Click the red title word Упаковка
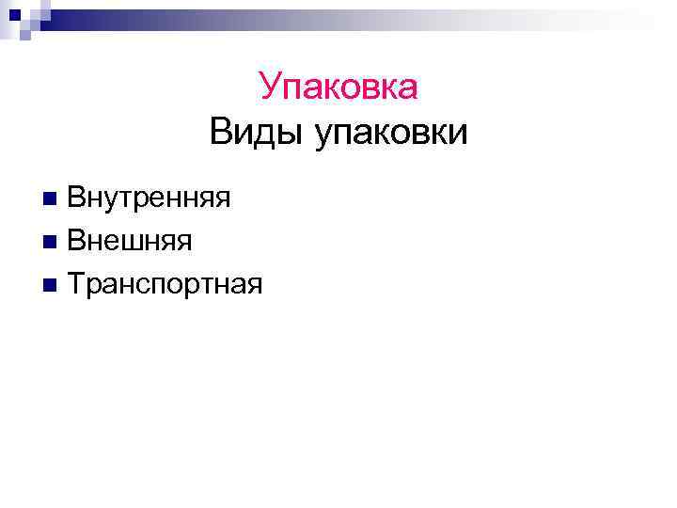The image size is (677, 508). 338,87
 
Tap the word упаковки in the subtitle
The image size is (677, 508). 391,132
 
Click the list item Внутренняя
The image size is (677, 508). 149,198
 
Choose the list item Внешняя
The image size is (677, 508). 130,241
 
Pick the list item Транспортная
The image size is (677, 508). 165,283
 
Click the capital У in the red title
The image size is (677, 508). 271,87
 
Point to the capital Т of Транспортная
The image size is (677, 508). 77,283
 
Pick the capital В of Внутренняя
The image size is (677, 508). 76,198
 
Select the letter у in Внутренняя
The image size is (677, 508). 115,201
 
